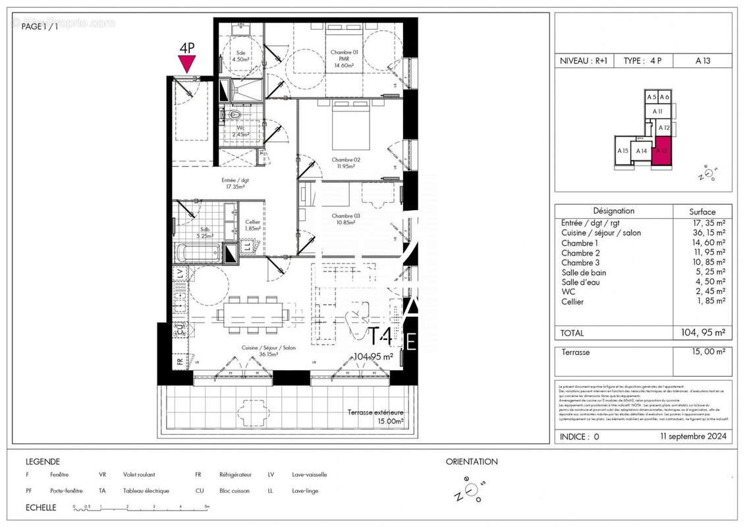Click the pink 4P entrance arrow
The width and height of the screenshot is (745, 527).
(187, 63)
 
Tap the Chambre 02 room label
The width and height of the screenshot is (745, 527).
(345, 162)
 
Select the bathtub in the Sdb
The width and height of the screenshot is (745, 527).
(198, 252)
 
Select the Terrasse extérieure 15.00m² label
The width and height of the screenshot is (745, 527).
(376, 416)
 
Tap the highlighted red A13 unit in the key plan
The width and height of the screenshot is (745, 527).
(662, 151)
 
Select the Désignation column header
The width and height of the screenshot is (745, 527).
(613, 211)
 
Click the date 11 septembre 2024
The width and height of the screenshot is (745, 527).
(693, 436)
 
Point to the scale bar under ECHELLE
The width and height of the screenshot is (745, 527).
(142, 508)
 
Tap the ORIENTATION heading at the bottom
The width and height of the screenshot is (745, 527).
(472, 462)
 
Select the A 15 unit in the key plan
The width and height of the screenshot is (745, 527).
(622, 151)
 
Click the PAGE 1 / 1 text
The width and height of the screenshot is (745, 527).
(40, 26)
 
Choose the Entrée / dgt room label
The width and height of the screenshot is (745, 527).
(235, 183)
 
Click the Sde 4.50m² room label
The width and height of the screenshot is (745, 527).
(241, 55)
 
